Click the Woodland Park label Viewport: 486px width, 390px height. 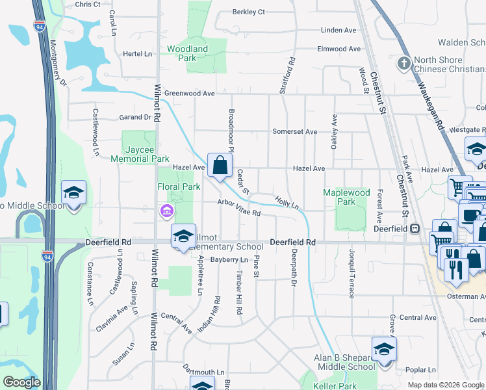187,53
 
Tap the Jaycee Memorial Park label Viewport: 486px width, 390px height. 140,153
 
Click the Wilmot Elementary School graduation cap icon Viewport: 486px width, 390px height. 183,236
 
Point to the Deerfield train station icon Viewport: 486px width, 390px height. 414,228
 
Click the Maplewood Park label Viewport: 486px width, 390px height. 347,197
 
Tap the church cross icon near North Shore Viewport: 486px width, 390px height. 403,64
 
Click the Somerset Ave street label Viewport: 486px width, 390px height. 294,132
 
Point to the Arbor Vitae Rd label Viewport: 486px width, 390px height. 238,209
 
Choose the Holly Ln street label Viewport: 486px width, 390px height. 287,203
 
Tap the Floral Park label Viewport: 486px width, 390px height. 179,187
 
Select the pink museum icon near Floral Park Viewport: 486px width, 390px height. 166,211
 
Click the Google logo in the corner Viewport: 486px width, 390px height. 21,382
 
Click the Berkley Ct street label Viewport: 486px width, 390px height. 249,12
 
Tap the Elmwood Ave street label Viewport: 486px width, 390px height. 338,49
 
